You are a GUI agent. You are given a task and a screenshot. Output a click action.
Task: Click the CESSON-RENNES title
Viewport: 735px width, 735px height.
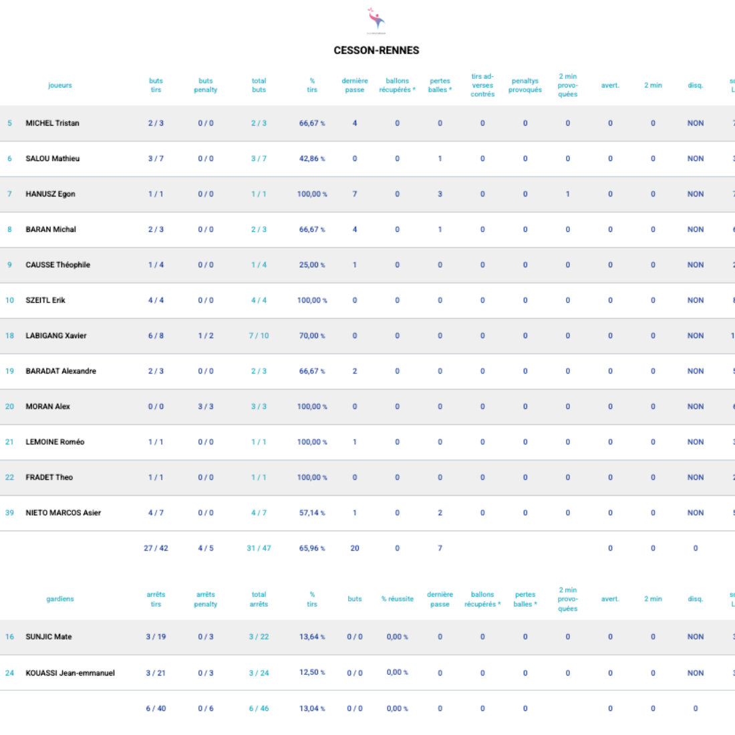point(376,50)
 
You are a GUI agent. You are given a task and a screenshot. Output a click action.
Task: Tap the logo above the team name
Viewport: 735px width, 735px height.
point(376,19)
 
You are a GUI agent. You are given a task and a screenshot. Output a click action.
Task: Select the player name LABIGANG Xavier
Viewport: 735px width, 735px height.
point(56,335)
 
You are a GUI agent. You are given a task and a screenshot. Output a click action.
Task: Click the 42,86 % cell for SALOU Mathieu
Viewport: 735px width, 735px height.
point(312,158)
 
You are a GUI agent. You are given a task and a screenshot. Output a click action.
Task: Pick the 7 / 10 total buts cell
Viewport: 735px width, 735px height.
point(259,335)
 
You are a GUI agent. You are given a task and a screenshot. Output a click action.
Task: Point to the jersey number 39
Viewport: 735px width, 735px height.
point(9,512)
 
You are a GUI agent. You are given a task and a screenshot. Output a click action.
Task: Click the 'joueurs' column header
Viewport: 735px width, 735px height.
point(60,86)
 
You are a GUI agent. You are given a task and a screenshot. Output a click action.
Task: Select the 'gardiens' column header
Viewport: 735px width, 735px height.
point(60,599)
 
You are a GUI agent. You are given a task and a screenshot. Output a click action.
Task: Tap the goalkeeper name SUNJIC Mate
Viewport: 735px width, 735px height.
point(49,637)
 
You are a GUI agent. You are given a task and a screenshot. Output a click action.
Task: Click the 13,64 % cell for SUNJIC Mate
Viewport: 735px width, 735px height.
point(312,637)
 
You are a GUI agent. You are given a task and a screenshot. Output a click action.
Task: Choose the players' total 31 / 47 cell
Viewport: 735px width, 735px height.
point(259,548)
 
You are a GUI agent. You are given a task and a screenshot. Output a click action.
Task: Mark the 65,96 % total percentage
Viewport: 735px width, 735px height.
point(312,548)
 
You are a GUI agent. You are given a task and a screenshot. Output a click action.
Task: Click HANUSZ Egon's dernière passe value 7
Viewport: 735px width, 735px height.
point(355,194)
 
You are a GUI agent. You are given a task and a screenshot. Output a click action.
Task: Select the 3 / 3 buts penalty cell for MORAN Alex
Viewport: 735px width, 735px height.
point(206,406)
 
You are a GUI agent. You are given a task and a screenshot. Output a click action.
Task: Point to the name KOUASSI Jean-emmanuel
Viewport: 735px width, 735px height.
point(70,673)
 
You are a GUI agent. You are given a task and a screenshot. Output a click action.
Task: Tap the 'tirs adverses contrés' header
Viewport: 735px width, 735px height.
point(482,86)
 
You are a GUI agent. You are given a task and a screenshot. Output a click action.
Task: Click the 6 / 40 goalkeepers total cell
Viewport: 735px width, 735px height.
point(156,708)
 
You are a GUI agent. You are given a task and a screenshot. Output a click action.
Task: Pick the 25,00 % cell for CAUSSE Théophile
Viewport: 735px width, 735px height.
point(312,265)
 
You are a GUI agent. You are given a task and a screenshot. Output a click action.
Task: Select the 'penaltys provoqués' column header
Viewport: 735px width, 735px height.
point(525,86)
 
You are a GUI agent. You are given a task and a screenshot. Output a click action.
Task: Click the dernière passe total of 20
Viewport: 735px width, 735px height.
point(355,548)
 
